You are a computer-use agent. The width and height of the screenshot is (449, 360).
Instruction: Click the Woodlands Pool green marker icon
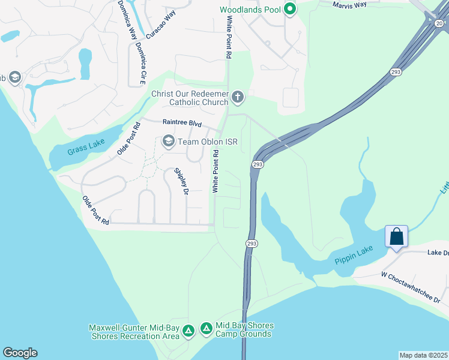[x=290, y=9]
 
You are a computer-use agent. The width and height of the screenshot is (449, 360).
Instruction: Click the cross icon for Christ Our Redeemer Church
[x=238, y=97]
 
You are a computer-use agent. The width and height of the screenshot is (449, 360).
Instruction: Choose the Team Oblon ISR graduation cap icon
[x=168, y=142]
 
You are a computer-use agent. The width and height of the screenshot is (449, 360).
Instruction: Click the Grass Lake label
[x=86, y=147]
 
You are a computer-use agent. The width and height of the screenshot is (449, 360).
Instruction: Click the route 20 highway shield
[x=439, y=23]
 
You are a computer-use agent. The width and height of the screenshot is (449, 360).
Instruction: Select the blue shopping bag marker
[x=397, y=236]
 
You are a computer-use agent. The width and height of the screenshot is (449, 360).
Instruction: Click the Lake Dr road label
[x=438, y=253]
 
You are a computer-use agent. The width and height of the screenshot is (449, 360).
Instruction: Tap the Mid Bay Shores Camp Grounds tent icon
[x=206, y=328]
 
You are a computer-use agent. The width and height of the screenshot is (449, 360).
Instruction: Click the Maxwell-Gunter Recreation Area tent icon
[x=188, y=331]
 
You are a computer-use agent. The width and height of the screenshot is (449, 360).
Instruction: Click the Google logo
[x=20, y=353]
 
